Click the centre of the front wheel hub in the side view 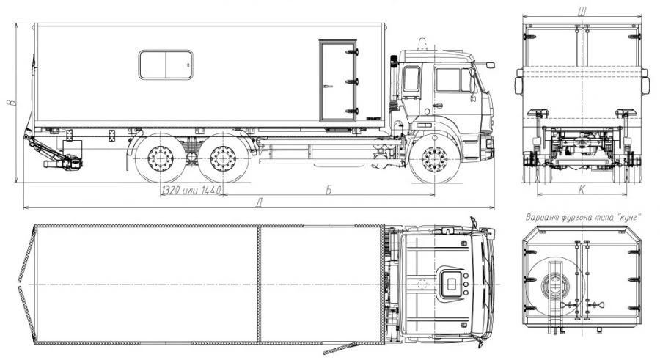pyautogui.click(x=435, y=160)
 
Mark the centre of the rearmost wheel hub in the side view pyautogui.click(x=161, y=159)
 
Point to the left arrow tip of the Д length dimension pyautogui.click(x=23, y=207)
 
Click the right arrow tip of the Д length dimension pyautogui.click(x=494, y=207)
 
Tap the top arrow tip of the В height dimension pyautogui.click(x=16, y=23)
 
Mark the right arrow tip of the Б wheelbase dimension pyautogui.click(x=435, y=195)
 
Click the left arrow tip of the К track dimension pyautogui.click(x=537, y=195)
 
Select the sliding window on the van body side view pyautogui.click(x=166, y=65)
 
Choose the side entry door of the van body pyautogui.click(x=338, y=81)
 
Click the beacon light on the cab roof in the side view pyautogui.click(x=421, y=44)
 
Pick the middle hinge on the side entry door pyautogui.click(x=352, y=81)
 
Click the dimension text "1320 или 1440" pyautogui.click(x=191, y=191)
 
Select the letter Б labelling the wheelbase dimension pyautogui.click(x=329, y=190)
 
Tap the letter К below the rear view pyautogui.click(x=582, y=189)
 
